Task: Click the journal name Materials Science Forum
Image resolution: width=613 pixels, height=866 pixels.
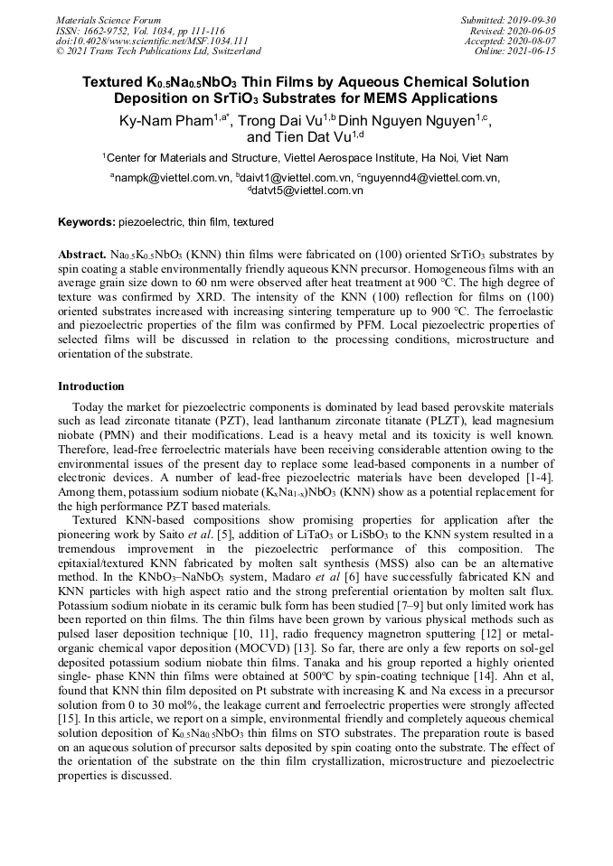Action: (108, 20)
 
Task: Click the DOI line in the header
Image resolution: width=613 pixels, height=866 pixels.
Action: (151, 41)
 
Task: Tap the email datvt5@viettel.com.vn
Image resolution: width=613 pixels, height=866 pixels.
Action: (307, 191)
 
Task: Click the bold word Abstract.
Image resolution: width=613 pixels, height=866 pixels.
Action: (82, 256)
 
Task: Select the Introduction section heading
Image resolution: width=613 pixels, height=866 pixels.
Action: (91, 386)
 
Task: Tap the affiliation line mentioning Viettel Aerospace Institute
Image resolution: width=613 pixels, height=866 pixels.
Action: (306, 157)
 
